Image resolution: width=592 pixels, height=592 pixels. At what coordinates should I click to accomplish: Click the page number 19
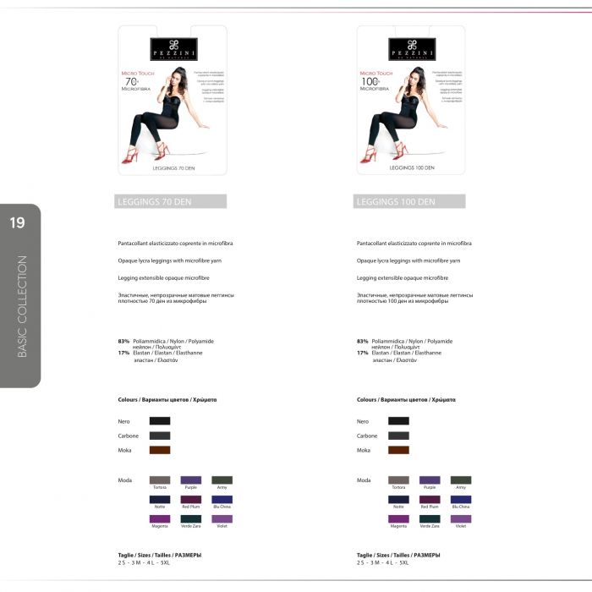click(17, 223)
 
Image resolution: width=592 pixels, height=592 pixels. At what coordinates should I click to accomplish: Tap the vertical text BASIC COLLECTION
click(22, 306)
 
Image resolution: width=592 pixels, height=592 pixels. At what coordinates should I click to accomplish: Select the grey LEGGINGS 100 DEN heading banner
click(409, 201)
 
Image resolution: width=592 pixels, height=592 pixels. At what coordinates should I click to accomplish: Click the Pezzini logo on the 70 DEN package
click(174, 47)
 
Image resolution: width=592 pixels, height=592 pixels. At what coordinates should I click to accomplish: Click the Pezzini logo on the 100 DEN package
click(413, 47)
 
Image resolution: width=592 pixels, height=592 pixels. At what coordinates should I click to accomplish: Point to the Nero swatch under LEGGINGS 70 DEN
click(160, 420)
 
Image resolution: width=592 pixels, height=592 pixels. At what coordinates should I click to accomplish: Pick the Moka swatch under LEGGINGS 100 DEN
click(398, 450)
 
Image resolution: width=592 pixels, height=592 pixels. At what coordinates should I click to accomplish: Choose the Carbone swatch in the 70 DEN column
click(160, 436)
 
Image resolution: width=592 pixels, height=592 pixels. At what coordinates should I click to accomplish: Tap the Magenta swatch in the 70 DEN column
click(160, 518)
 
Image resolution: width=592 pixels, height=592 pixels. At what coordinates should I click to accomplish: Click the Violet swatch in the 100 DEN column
click(461, 518)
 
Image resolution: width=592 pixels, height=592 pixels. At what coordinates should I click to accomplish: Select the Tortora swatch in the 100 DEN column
click(398, 480)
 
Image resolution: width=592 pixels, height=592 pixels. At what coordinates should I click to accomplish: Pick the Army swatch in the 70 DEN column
click(222, 480)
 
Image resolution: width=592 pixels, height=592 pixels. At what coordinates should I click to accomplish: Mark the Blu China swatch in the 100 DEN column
click(461, 499)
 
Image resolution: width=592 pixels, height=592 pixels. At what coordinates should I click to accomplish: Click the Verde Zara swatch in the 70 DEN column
click(191, 518)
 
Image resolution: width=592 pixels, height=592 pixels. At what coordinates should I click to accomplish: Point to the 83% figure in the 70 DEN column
click(123, 341)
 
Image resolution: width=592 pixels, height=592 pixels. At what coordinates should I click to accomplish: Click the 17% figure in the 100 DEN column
click(362, 353)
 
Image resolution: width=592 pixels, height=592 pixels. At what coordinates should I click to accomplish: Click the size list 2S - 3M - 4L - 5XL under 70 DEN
click(144, 562)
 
